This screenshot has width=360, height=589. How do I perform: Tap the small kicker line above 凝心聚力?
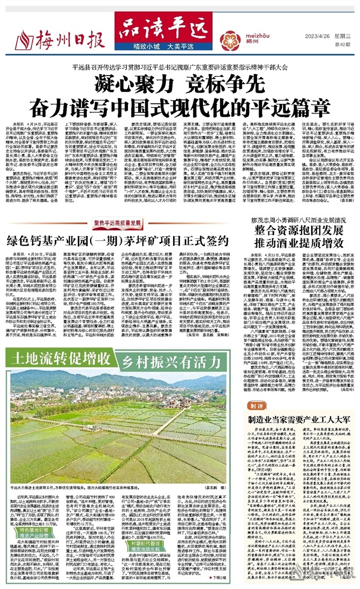(179, 66)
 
